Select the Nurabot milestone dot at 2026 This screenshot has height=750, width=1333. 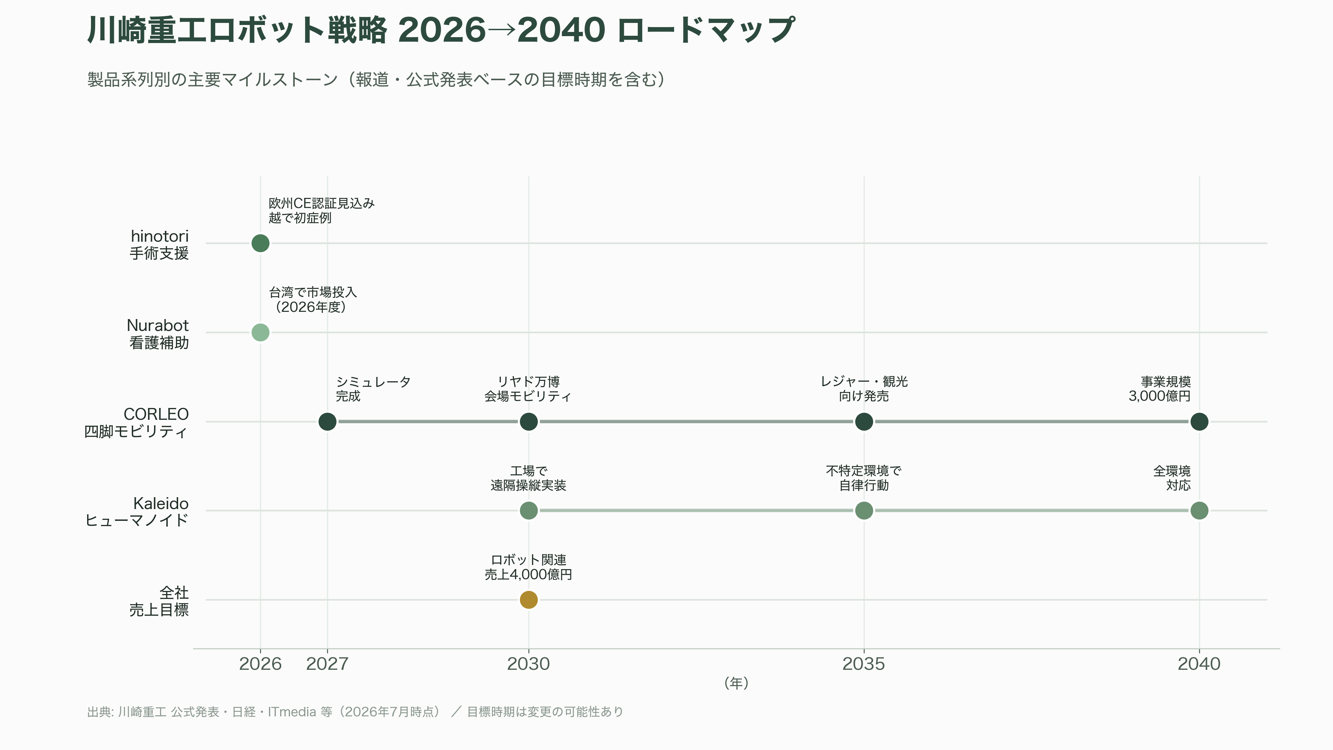tap(260, 332)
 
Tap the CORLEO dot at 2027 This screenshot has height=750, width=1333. tap(327, 421)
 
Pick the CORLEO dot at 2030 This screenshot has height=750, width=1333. tap(528, 421)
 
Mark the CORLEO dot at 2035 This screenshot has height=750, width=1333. tap(864, 421)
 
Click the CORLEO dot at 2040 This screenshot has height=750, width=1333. tap(1199, 421)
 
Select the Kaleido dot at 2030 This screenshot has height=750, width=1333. tap(528, 510)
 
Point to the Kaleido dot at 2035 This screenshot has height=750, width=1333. tap(864, 510)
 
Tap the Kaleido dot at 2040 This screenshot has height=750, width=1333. tap(1199, 510)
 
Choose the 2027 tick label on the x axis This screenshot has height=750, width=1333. tap(327, 664)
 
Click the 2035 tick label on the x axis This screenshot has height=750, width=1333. tap(864, 664)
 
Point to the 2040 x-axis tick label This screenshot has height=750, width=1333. tap(1199, 664)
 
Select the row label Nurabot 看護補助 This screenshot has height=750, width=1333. tap(158, 334)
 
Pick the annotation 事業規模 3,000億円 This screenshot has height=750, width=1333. tap(1160, 389)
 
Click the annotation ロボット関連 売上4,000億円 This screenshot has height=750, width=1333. tap(528, 567)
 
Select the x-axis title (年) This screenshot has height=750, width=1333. tap(736, 683)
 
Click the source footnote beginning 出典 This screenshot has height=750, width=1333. tap(355, 712)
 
